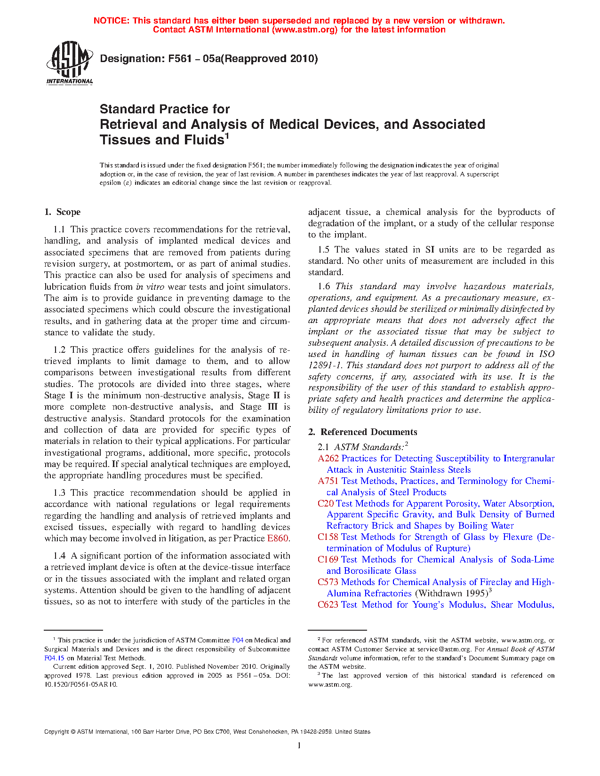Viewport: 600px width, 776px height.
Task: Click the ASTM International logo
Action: pos(69,62)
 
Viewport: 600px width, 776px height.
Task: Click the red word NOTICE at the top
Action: pos(111,21)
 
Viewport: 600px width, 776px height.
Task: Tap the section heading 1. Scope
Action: pos(63,212)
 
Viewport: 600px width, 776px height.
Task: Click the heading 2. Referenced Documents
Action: pos(363,432)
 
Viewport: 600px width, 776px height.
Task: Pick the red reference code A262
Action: pos(328,459)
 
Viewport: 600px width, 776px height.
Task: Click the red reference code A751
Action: pos(328,481)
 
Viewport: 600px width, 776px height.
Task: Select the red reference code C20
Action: pos(326,504)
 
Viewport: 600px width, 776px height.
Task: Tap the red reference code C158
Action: pos(328,537)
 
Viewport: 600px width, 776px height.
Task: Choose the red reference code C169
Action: pos(328,560)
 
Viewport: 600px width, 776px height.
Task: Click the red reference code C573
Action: pos(328,582)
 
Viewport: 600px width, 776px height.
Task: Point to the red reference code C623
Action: pos(328,605)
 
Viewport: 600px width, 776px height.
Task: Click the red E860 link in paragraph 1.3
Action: pos(278,538)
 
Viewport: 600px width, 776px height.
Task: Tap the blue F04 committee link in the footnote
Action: pos(238,640)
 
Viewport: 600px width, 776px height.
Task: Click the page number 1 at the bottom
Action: pos(299,745)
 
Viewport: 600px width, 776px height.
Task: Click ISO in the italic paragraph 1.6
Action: pos(546,354)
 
